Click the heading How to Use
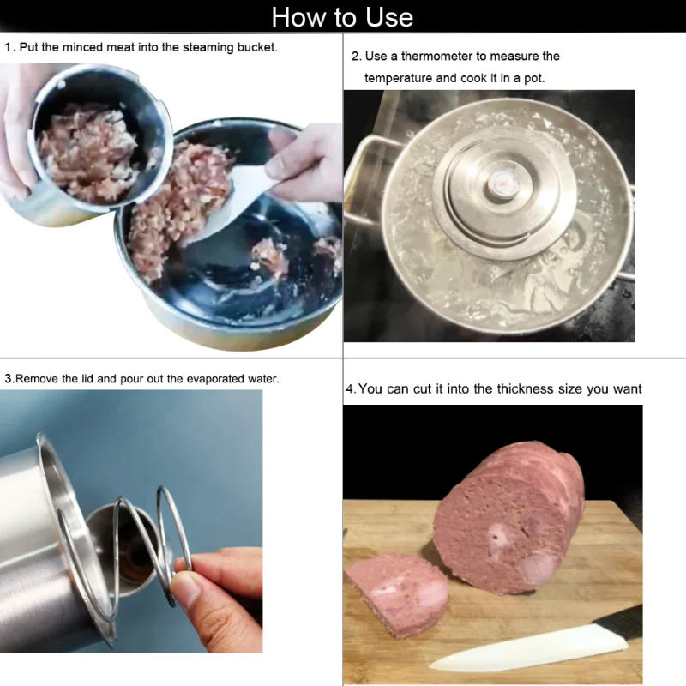tap(342, 16)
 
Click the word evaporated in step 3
tap(212, 377)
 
